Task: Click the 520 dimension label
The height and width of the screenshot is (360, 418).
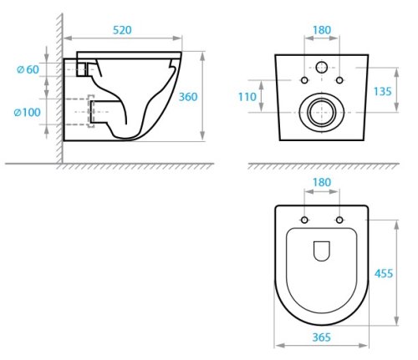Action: (x=122, y=30)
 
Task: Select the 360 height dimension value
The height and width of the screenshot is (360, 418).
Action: (x=188, y=97)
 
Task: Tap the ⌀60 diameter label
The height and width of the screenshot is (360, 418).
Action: (x=28, y=69)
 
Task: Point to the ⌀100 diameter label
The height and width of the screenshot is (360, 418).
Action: (x=28, y=113)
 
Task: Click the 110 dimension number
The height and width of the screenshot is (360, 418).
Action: (x=247, y=97)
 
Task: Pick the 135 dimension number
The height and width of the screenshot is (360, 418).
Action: (x=382, y=91)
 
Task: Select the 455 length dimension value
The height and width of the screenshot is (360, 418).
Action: (x=384, y=273)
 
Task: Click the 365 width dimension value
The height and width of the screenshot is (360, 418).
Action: (x=322, y=337)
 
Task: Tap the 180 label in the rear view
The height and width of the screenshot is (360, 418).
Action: (x=322, y=30)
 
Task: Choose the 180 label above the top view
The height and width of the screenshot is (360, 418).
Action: (x=322, y=182)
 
